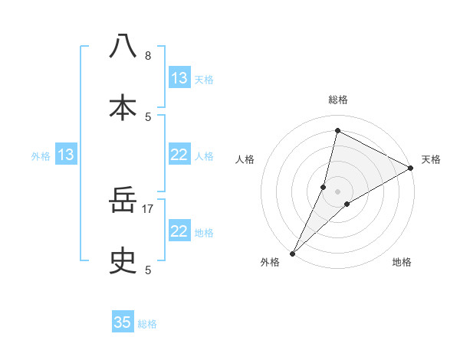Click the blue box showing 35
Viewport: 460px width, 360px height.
pyautogui.click(x=123, y=322)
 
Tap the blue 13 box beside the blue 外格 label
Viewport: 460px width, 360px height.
pyautogui.click(x=66, y=155)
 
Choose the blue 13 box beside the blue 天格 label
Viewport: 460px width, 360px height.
pyautogui.click(x=179, y=78)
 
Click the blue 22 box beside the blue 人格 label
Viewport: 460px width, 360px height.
pyautogui.click(x=179, y=155)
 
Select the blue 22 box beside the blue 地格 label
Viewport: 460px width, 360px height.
pyautogui.click(x=179, y=231)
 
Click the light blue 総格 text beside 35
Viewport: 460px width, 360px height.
pyautogui.click(x=147, y=324)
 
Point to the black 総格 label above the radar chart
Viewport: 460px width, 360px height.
pyautogui.click(x=337, y=100)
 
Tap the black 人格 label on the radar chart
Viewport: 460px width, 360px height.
pyautogui.click(x=245, y=159)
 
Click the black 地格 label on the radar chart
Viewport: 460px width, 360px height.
pyautogui.click(x=402, y=262)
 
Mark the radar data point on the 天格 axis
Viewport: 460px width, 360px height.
pyautogui.click(x=411, y=169)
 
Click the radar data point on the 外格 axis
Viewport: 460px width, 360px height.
pyautogui.click(x=292, y=253)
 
